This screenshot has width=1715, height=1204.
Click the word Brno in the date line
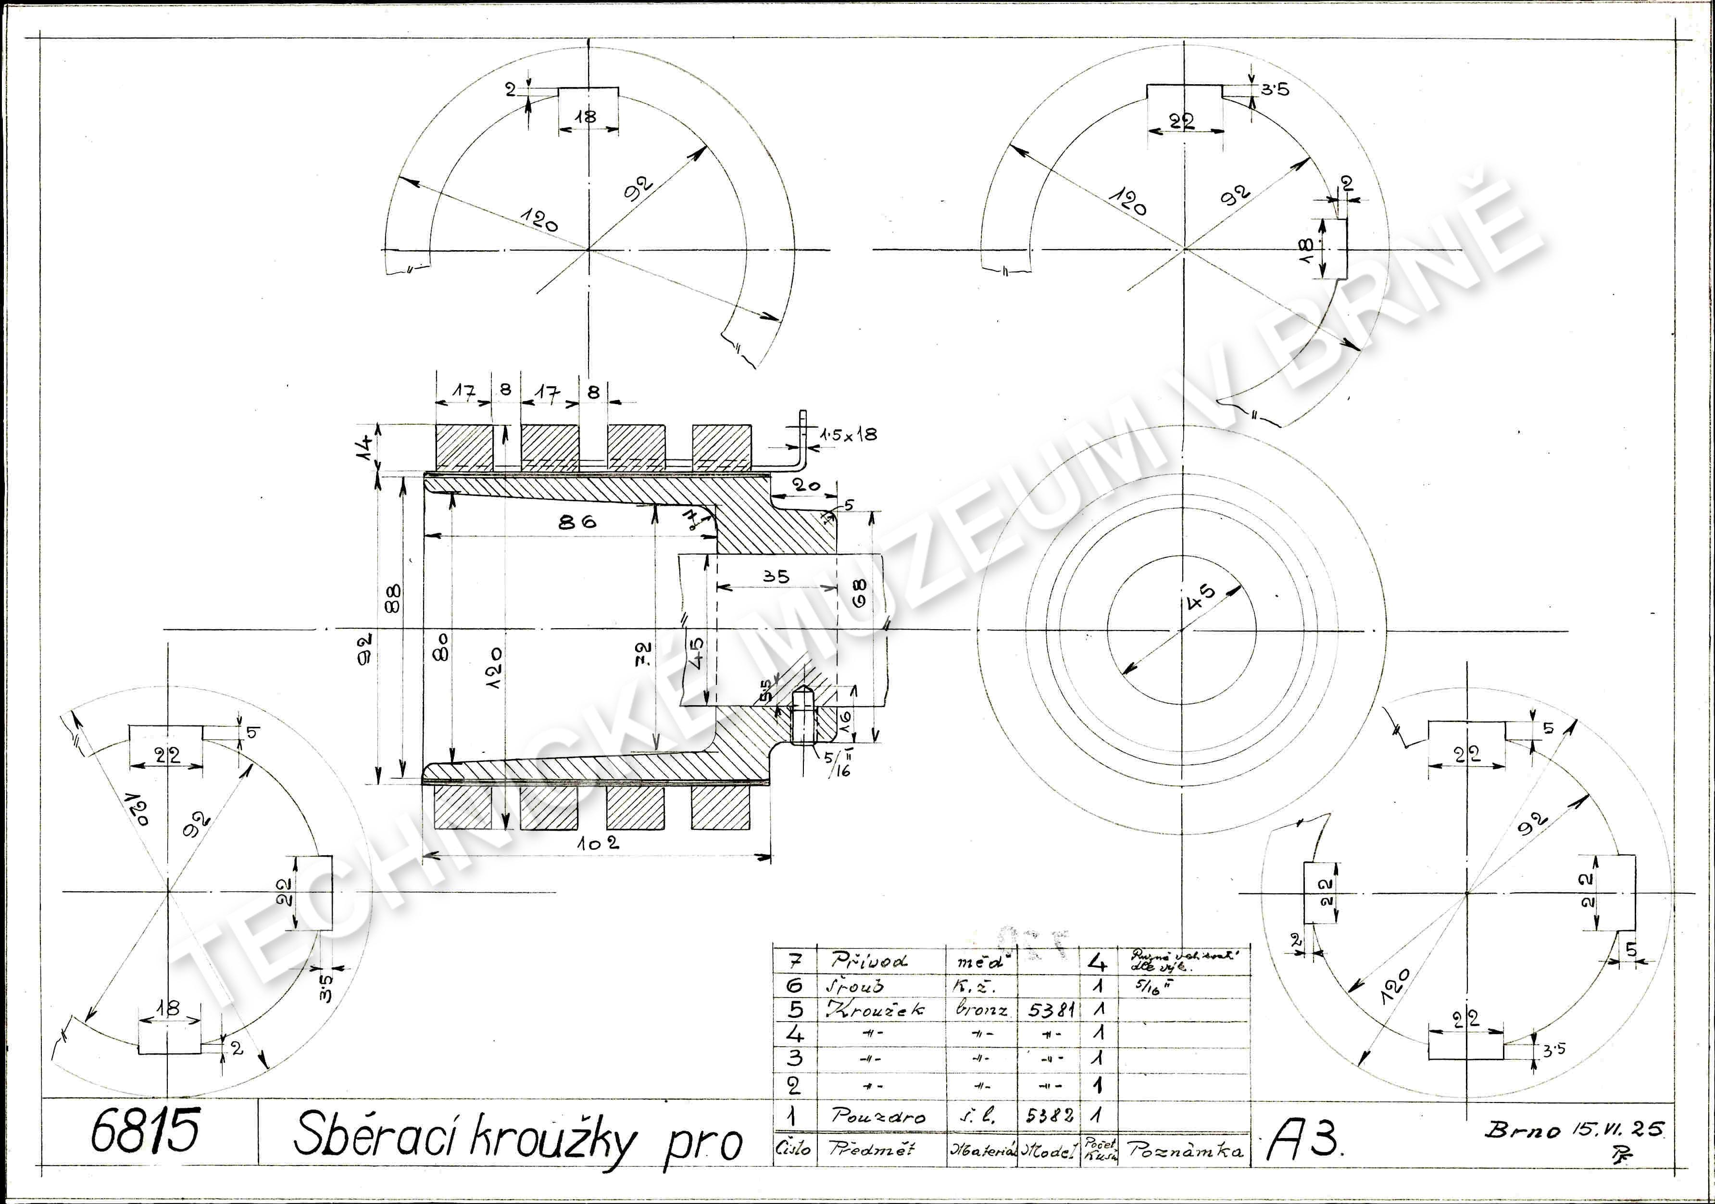(x=1522, y=1129)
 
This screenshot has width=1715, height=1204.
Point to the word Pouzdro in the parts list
(x=877, y=1116)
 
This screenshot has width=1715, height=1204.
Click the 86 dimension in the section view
(x=577, y=521)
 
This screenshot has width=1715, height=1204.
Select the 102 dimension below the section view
(x=598, y=843)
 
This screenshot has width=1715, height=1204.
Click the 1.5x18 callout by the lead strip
(x=849, y=435)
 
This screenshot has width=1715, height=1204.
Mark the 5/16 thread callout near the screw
(x=838, y=764)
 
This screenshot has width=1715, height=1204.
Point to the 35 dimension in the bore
(x=776, y=576)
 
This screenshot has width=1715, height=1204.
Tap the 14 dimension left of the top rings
(x=365, y=448)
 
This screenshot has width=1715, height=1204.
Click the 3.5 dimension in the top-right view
(x=1275, y=89)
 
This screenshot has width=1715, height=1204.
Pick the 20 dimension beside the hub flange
(x=806, y=486)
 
